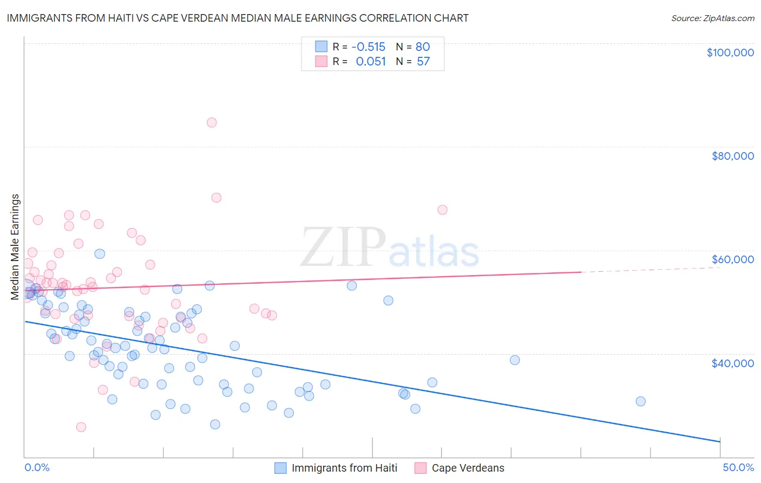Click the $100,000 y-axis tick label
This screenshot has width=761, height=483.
(x=730, y=53)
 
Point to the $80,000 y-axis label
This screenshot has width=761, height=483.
(x=732, y=156)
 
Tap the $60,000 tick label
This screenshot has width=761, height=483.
(x=732, y=259)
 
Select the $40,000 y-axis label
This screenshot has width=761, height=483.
(x=732, y=363)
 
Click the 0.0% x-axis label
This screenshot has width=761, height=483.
(x=37, y=468)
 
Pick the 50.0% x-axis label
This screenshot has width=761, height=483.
(x=738, y=468)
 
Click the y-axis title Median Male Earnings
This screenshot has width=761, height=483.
(x=15, y=247)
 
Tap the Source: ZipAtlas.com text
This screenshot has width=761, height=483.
(x=712, y=18)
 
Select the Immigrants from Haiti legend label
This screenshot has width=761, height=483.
(x=344, y=468)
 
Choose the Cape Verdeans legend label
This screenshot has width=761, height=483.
(x=468, y=468)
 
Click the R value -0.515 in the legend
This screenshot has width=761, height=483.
(x=369, y=47)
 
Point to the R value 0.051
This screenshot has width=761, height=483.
(x=371, y=62)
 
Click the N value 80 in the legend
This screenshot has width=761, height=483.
(x=423, y=47)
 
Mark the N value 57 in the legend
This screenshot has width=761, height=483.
(x=423, y=62)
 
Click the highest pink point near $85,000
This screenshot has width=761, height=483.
(x=212, y=122)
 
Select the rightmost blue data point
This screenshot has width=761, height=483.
(x=640, y=401)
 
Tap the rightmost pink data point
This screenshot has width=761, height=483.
(x=442, y=210)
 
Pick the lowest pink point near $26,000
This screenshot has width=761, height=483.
(x=81, y=427)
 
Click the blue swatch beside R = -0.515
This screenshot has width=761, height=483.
(x=322, y=47)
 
